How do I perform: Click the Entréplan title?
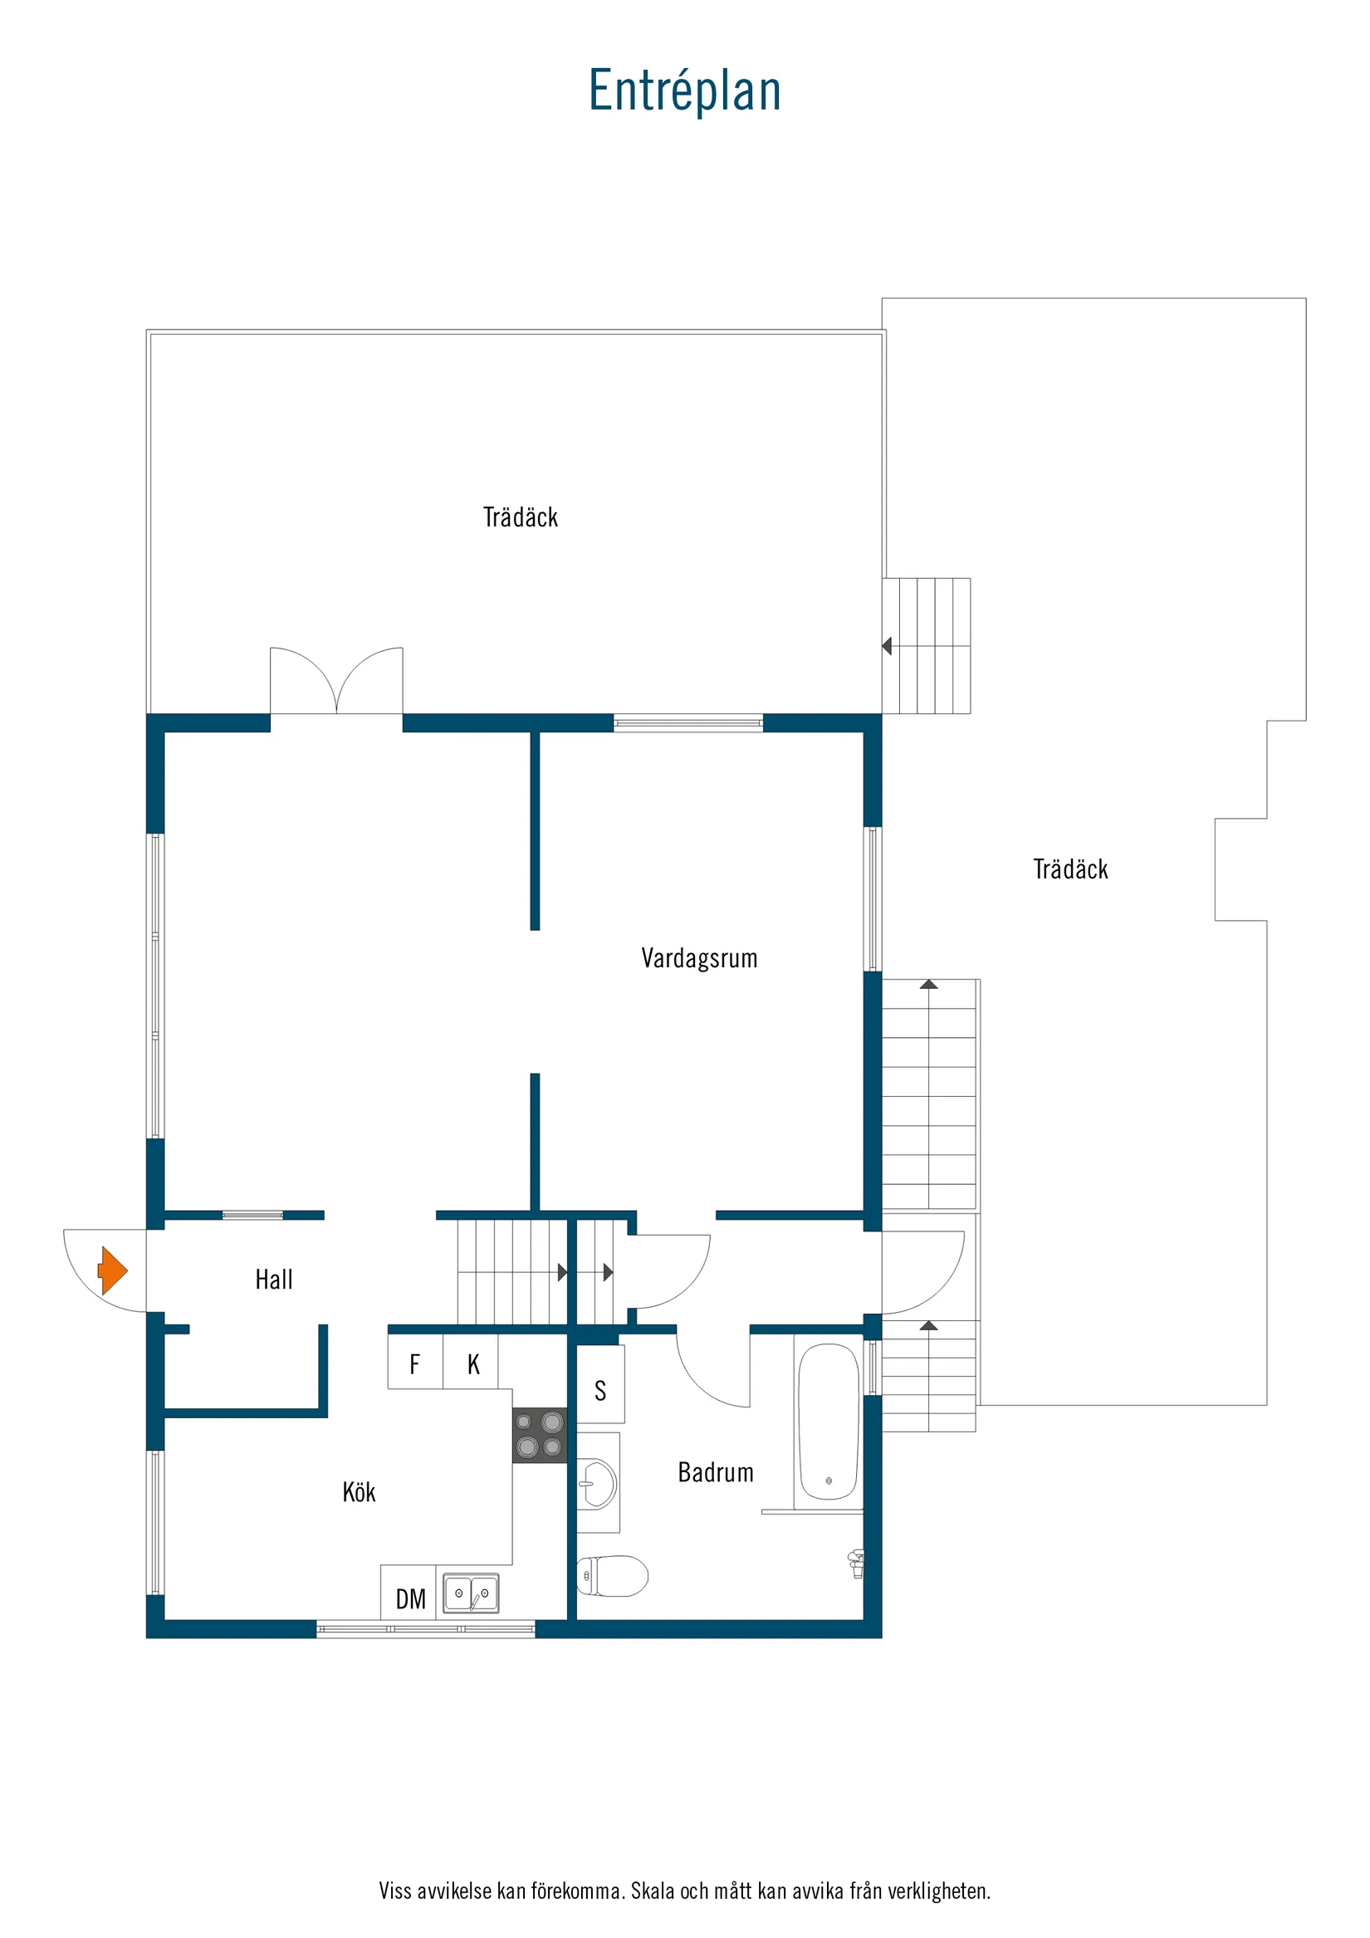click(684, 91)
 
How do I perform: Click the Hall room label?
click(273, 1280)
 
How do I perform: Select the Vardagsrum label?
click(699, 958)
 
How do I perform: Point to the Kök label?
click(359, 1491)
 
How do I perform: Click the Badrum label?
click(715, 1472)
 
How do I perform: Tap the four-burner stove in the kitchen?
click(540, 1435)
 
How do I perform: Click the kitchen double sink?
click(471, 1593)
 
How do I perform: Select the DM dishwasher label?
click(410, 1598)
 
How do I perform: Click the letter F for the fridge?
click(414, 1364)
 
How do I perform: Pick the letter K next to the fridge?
click(473, 1364)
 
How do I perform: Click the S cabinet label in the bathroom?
click(600, 1390)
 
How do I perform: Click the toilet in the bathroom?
click(612, 1576)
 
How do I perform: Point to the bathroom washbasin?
click(598, 1483)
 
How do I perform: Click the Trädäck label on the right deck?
click(1070, 869)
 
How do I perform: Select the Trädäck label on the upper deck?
click(520, 517)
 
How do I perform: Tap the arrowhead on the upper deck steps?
click(886, 646)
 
